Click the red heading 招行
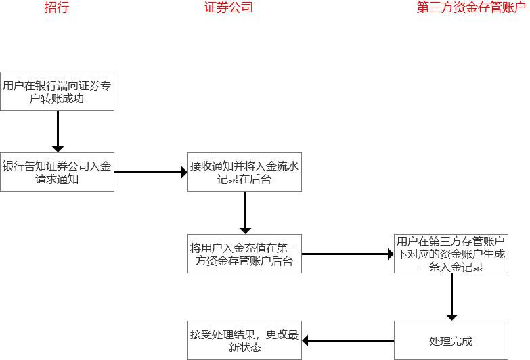[57, 8]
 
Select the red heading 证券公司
[229, 8]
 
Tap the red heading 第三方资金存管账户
[470, 8]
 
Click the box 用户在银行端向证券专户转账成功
[57, 91]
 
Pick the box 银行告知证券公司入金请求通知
[57, 172]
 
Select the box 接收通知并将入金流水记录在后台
[244, 172]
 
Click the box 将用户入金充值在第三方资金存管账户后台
[244, 254]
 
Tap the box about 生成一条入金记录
[452, 254]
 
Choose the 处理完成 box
[452, 340]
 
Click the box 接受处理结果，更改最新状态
[244, 340]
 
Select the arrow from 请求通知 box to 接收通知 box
[150, 172]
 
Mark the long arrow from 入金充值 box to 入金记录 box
[347, 254]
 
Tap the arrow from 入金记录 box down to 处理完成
[452, 296]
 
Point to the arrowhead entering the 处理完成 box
[452, 315]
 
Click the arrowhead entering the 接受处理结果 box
[306, 340]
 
